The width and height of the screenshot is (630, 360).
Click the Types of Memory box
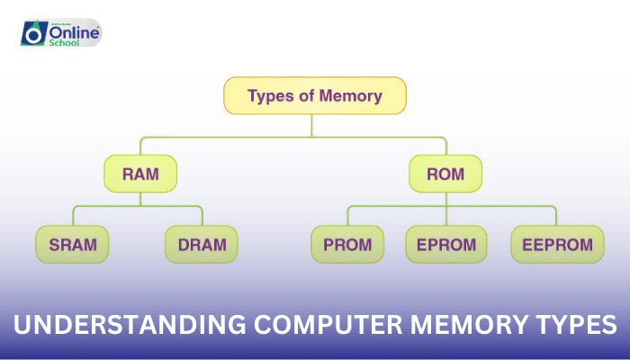coord(314,96)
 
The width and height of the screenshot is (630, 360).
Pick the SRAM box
coord(72,244)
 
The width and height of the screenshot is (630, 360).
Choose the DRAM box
coord(202,244)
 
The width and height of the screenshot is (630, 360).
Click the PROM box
coord(347,244)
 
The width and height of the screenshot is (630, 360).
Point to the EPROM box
coord(446,244)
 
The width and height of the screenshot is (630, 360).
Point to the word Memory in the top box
coord(351,96)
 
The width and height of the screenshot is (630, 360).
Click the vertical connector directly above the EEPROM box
coord(556,216)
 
